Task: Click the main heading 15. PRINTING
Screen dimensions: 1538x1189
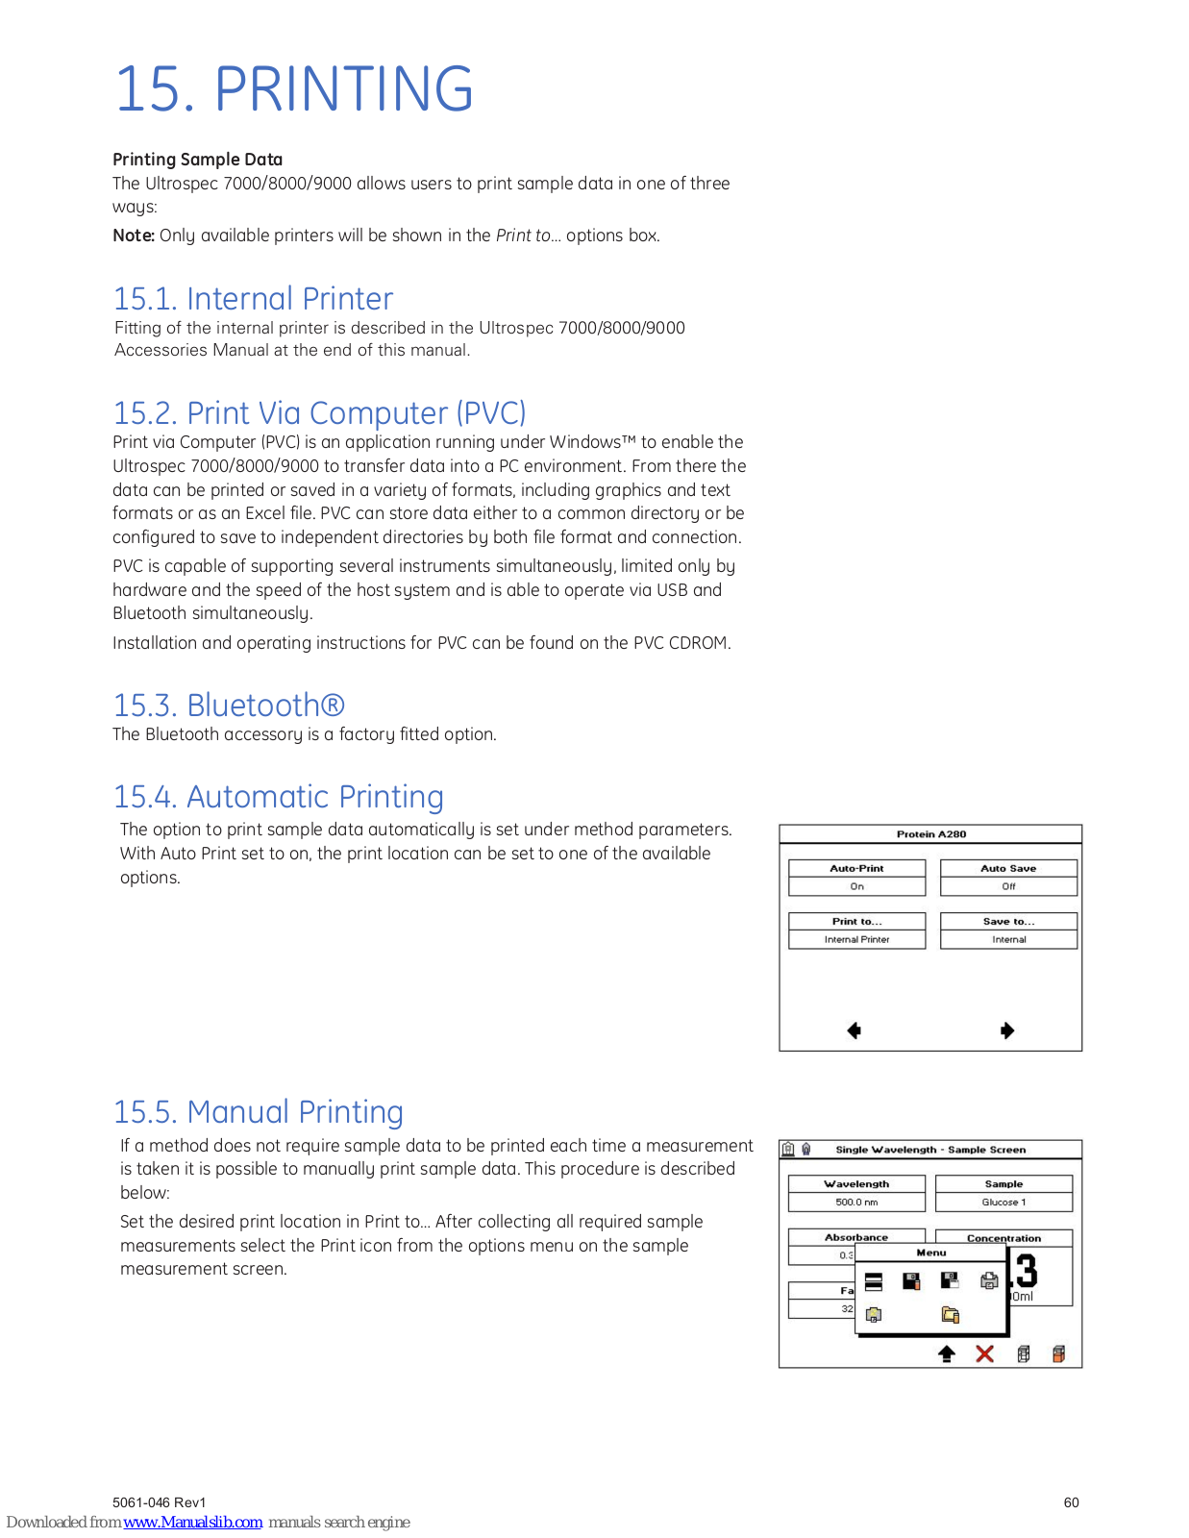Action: [x=293, y=88]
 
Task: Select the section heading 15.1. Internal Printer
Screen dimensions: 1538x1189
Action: [x=253, y=299]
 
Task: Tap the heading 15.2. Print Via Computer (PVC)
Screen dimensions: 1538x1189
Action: [x=319, y=413]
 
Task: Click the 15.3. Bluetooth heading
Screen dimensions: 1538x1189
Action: [x=229, y=706]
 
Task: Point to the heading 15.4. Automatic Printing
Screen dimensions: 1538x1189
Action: [x=278, y=797]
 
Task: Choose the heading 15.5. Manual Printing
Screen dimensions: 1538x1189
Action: [x=258, y=1112]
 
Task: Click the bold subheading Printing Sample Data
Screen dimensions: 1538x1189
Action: [x=197, y=160]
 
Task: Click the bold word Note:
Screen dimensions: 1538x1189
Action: [x=134, y=236]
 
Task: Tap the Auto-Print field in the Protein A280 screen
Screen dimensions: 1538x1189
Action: [x=856, y=878]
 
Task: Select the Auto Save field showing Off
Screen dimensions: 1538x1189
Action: [x=1008, y=878]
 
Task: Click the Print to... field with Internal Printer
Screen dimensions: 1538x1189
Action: [x=856, y=930]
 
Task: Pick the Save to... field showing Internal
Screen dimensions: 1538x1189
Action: [x=1008, y=930]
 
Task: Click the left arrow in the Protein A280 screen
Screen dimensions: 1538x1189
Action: [x=854, y=1030]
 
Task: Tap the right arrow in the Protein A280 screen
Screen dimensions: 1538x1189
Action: [x=1007, y=1030]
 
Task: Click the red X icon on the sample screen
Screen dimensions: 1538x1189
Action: [x=984, y=1353]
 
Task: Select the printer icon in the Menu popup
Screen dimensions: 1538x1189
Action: [x=989, y=1280]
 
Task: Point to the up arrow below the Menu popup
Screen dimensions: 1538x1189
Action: [x=947, y=1353]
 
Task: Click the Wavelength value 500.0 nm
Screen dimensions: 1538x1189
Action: [x=856, y=1203]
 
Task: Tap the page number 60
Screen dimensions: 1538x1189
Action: [x=1071, y=1502]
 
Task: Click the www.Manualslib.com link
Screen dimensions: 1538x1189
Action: [x=193, y=1522]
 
